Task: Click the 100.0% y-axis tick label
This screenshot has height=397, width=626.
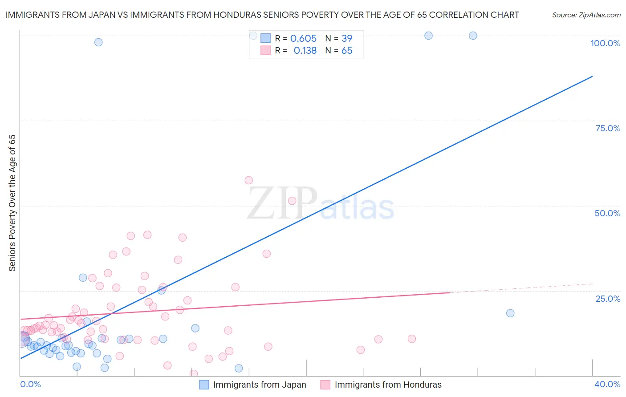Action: click(605, 43)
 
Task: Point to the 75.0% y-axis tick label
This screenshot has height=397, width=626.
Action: click(608, 128)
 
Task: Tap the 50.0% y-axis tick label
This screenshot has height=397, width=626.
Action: click(607, 213)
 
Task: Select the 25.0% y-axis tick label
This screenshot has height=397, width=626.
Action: click(608, 298)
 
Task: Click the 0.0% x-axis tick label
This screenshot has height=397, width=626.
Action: click(30, 384)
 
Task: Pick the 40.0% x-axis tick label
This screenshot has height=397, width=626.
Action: click(607, 384)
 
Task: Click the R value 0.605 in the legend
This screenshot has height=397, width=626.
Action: click(303, 38)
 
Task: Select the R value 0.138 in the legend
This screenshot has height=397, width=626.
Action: click(305, 51)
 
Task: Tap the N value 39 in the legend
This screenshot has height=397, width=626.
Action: click(347, 38)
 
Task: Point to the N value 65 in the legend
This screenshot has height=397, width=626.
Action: click(347, 51)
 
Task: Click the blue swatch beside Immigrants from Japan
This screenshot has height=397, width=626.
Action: click(204, 385)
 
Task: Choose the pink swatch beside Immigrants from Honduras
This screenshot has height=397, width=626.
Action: click(325, 385)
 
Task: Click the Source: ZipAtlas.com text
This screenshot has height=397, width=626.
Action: click(586, 15)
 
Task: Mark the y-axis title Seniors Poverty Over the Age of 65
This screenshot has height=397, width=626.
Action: click(12, 203)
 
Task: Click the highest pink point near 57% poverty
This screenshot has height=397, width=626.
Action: click(249, 180)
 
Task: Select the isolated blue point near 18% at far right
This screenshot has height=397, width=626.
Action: click(510, 313)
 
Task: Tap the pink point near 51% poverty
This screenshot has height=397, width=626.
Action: click(292, 201)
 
